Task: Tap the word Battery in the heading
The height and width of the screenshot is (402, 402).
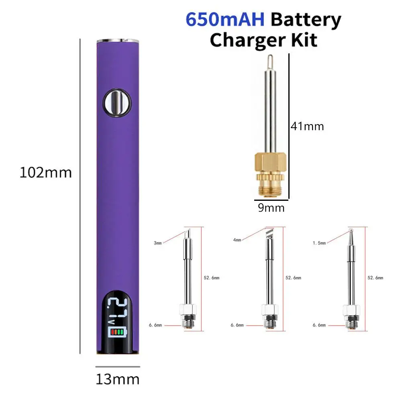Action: pos(306,20)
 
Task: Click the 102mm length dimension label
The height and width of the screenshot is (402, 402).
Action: pos(46,173)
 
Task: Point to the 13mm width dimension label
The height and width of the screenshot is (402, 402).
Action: pos(117,379)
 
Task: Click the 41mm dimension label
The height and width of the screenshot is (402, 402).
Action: pos(307,127)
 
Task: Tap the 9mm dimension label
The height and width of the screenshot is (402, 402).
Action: pos(271,208)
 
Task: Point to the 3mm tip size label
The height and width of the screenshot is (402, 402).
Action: pos(158,243)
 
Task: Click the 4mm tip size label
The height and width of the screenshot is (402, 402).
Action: pos(237,240)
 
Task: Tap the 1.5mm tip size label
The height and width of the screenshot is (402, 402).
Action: pos(320,243)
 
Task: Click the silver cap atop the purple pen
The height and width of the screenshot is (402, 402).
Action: pos(118,41)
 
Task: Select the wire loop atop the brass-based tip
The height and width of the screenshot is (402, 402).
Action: pos(267,62)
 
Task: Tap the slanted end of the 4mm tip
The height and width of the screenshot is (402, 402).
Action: pos(269,232)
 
